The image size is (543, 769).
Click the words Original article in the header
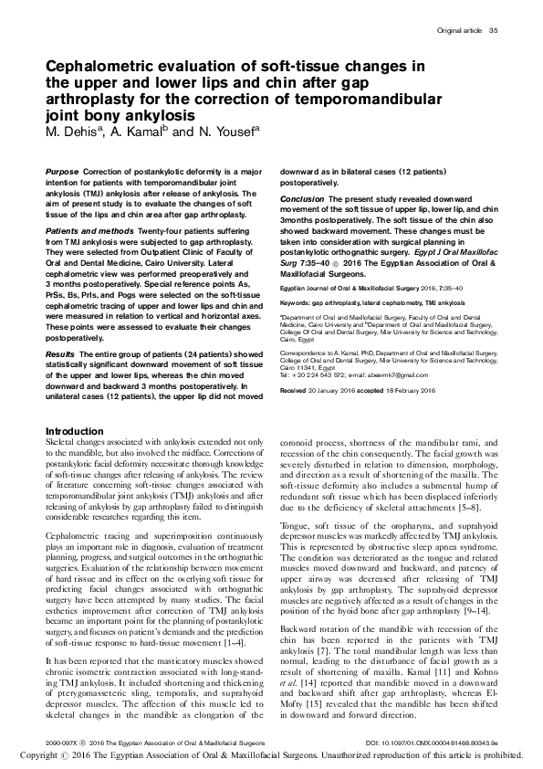click(x=459, y=33)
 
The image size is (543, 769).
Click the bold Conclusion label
click(x=301, y=198)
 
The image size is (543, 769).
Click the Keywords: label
click(x=298, y=300)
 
